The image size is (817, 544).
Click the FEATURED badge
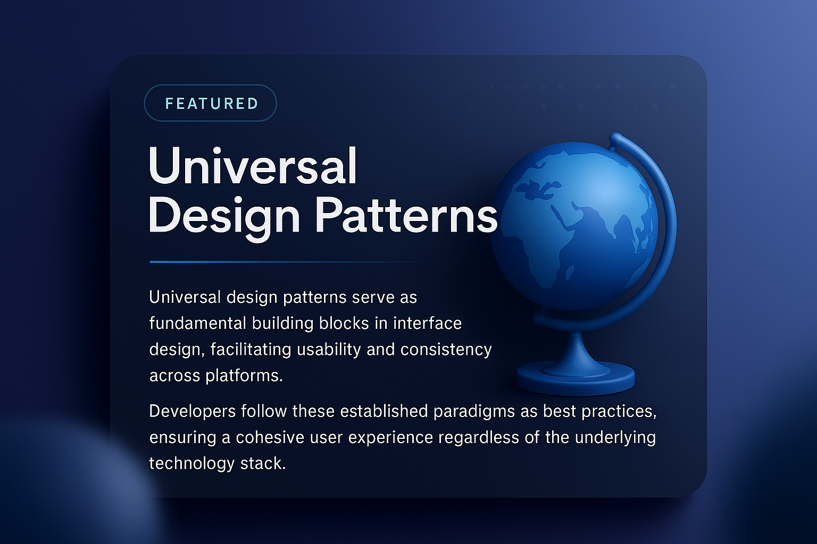tap(211, 103)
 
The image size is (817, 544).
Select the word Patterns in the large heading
tap(406, 215)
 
